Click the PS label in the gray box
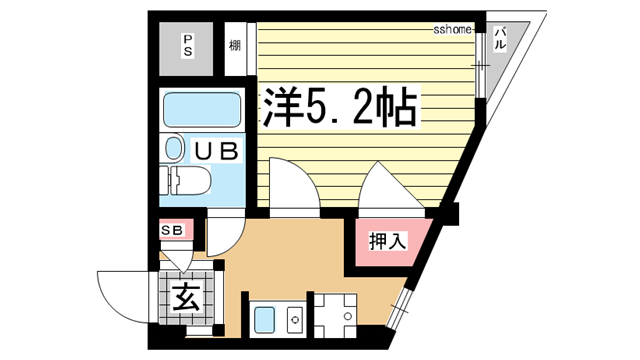(187, 46)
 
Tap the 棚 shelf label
(234, 44)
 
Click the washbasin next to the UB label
(174, 151)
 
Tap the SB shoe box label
(172, 231)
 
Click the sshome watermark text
(452, 30)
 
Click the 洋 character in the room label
(284, 107)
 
